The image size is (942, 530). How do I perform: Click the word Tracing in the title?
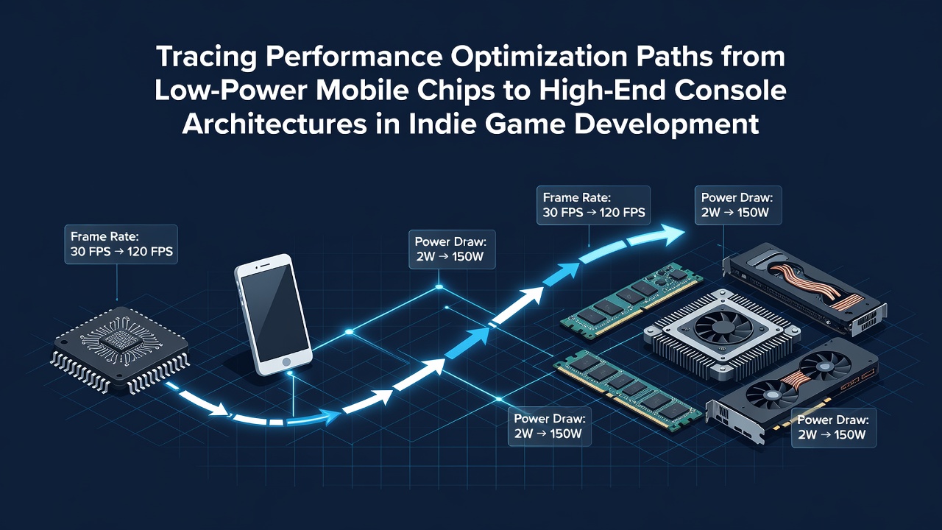coord(206,57)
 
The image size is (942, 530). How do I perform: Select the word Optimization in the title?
coord(538,57)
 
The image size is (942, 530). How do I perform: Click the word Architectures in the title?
coord(274,123)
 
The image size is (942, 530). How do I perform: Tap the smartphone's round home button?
coord(286,362)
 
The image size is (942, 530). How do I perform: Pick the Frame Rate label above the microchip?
coord(121,244)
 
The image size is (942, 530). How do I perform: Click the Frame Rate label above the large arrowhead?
coord(593,205)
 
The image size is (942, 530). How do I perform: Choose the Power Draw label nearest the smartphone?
coord(452,250)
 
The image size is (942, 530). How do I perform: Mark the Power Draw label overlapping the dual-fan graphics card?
coord(834,428)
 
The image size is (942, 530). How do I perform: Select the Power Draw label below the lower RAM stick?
coord(550,426)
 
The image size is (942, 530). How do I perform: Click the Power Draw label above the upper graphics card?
coord(738,205)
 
